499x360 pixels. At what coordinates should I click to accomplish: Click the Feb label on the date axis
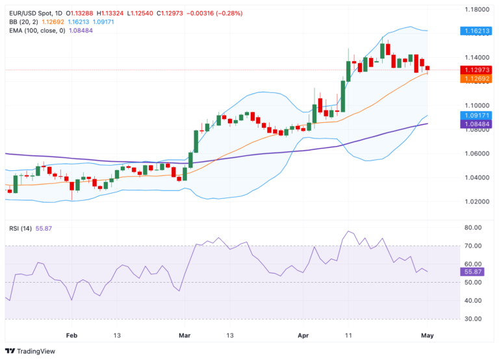[x=71, y=335]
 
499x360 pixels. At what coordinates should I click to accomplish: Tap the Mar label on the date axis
[x=185, y=335]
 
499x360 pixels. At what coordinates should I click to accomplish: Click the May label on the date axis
[x=428, y=335]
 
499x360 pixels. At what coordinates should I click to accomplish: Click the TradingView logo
[x=32, y=351]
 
